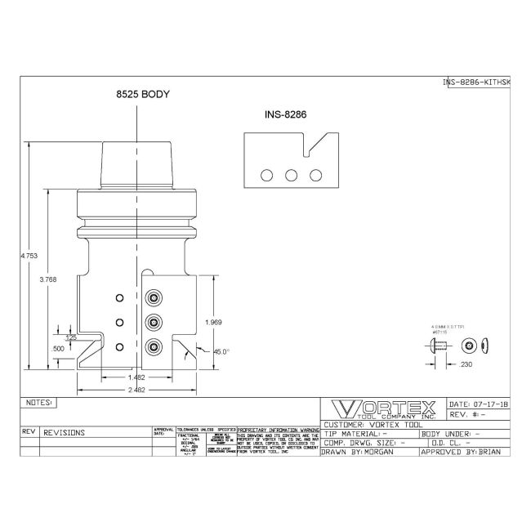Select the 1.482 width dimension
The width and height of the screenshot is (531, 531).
coord(137,377)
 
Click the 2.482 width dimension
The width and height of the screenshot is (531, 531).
coord(137,391)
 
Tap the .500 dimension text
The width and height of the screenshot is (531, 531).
coord(58,350)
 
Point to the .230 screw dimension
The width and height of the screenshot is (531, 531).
coord(466,364)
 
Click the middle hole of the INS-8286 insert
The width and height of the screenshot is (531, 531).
coord(291,175)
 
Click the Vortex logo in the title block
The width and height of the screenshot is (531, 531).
coord(382,408)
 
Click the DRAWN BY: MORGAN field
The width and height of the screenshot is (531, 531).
coord(368,451)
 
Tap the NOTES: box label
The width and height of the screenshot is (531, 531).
coord(38,403)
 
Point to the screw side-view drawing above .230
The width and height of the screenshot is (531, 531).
coord(437,346)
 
